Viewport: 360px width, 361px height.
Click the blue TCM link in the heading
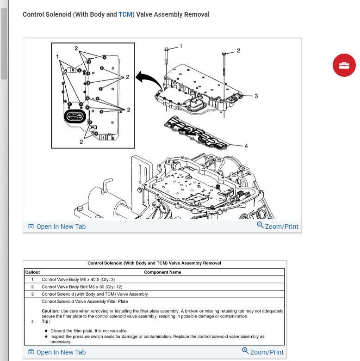click(x=125, y=14)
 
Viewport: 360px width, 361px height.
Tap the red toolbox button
click(x=344, y=65)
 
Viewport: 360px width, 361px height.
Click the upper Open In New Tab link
click(x=57, y=226)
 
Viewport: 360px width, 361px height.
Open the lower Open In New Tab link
click(x=57, y=352)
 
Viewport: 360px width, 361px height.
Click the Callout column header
click(x=32, y=272)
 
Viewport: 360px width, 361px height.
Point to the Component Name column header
click(x=162, y=272)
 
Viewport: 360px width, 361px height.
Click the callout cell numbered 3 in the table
click(x=32, y=294)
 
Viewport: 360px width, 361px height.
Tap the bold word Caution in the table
click(x=50, y=312)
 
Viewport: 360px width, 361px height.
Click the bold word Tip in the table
click(x=45, y=321)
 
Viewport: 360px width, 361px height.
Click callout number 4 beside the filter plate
click(x=246, y=146)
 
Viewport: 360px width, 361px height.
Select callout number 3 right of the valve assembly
click(x=256, y=96)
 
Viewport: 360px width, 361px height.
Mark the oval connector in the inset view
click(x=74, y=118)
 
